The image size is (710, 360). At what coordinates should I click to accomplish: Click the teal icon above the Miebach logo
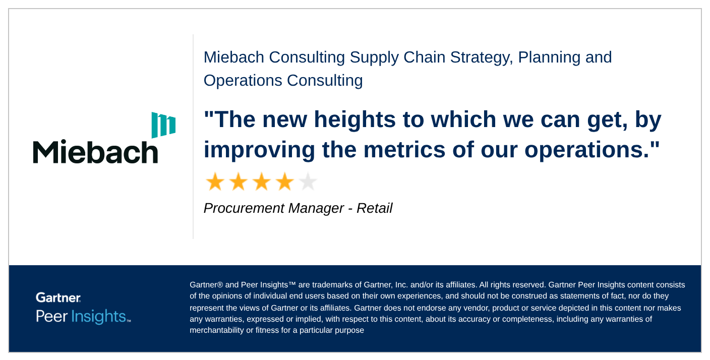(163, 125)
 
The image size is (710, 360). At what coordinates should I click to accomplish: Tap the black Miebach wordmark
(95, 152)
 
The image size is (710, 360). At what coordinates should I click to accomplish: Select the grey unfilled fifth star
(308, 182)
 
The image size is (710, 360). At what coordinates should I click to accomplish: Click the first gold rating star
(215, 182)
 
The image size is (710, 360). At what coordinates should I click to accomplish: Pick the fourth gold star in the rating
(284, 182)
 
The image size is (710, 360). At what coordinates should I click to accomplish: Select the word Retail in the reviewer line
(374, 208)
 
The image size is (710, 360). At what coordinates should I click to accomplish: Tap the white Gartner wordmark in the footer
(58, 297)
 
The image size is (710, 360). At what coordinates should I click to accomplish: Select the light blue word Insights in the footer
(98, 317)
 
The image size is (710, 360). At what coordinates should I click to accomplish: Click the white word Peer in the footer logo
(51, 316)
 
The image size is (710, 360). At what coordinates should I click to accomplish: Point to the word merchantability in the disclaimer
(217, 330)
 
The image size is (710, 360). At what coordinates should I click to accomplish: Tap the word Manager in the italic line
(316, 208)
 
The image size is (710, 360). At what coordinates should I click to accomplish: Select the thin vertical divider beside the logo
(193, 136)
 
